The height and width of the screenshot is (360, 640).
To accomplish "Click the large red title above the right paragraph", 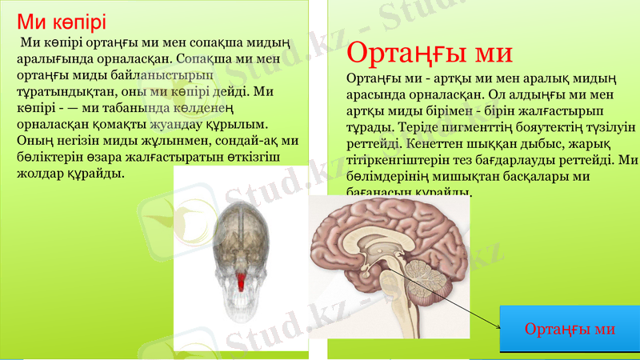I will (430, 54).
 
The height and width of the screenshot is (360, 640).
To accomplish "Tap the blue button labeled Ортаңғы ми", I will (570, 329).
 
